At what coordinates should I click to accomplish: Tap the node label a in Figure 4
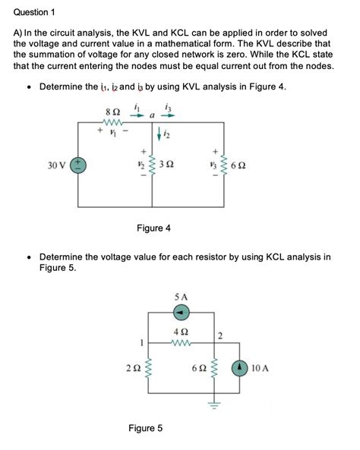point(153,115)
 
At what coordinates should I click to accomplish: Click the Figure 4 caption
point(153,228)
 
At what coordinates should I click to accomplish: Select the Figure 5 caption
point(146,429)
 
